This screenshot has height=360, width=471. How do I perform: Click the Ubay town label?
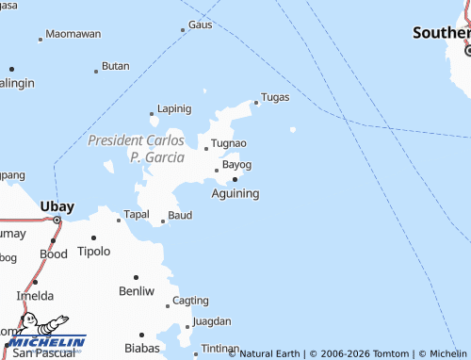pyautogui.click(x=57, y=205)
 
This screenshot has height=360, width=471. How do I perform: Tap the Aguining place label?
pyautogui.click(x=235, y=192)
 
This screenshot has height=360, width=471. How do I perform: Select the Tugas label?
pyautogui.click(x=274, y=97)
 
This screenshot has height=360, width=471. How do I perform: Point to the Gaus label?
pyautogui.click(x=200, y=25)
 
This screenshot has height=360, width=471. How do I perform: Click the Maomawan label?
pyautogui.click(x=73, y=34)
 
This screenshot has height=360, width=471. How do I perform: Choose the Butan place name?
pyautogui.click(x=115, y=66)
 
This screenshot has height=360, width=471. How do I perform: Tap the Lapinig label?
pyautogui.click(x=174, y=108)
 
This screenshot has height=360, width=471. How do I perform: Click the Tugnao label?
pyautogui.click(x=229, y=143)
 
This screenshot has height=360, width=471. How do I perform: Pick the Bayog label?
pyautogui.click(x=236, y=164)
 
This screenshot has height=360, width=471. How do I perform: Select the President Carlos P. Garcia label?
pyautogui.click(x=136, y=149)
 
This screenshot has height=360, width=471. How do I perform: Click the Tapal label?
pyautogui.click(x=137, y=215)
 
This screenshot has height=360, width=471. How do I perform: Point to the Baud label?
pyautogui.click(x=180, y=216)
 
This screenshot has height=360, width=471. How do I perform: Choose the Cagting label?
pyautogui.click(x=191, y=301)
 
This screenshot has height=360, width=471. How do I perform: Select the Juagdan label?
pyautogui.click(x=210, y=321)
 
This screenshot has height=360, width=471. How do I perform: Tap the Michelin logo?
pyautogui.click(x=46, y=335)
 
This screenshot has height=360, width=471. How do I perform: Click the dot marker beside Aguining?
pyautogui.click(x=235, y=177)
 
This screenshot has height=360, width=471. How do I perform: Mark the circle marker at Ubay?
pyautogui.click(x=57, y=221)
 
